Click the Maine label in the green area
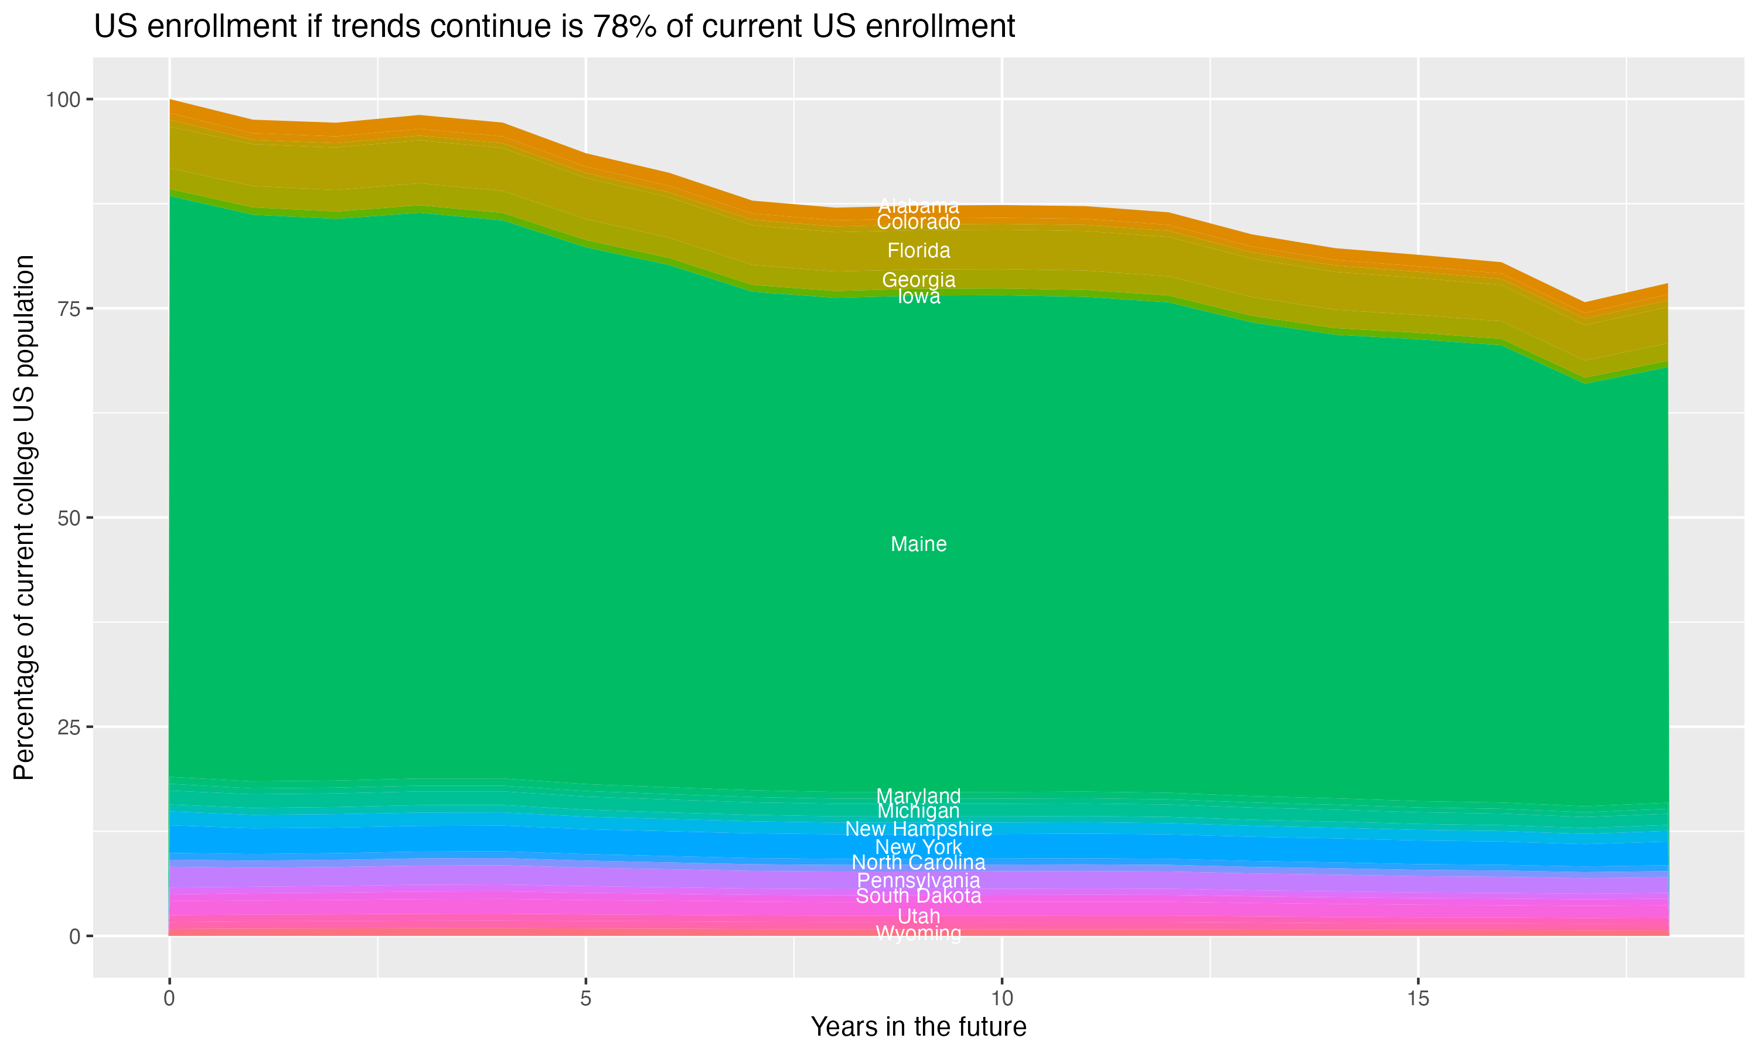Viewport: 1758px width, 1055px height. pos(918,544)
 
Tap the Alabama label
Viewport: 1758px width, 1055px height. pos(918,207)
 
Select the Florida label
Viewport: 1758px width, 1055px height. pos(918,251)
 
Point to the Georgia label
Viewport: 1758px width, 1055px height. pos(918,280)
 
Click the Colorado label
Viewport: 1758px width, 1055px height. pos(918,223)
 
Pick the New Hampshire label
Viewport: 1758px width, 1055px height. pos(918,829)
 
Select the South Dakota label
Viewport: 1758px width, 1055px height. pos(918,896)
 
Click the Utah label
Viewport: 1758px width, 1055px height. pos(918,916)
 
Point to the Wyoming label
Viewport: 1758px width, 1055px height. pos(918,934)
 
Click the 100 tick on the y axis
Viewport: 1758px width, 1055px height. pos(63,100)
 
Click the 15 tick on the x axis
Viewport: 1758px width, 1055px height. pos(1418,999)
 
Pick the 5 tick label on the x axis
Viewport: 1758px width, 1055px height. pos(585,999)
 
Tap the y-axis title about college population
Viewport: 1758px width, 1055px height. pos(24,518)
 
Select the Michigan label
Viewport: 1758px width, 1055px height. pos(918,811)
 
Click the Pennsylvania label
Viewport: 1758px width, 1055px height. pos(918,881)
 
